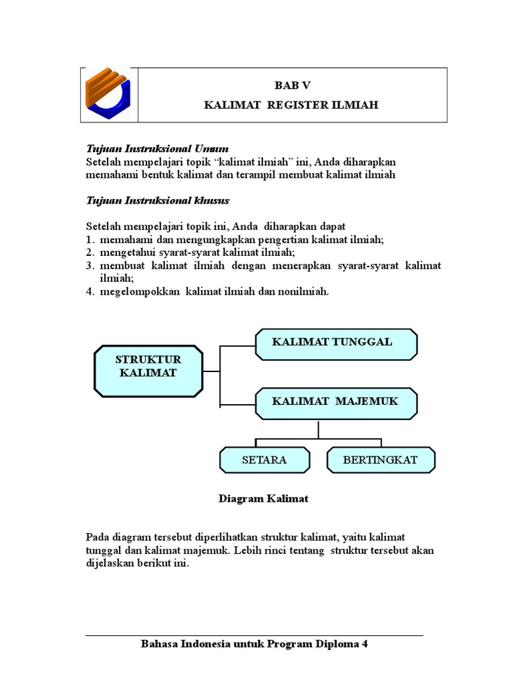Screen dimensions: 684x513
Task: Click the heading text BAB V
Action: (x=293, y=85)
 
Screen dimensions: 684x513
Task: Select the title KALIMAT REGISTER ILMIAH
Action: (x=293, y=106)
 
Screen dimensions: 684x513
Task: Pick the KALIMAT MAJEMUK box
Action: (x=336, y=402)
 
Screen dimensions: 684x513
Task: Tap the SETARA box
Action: (x=265, y=460)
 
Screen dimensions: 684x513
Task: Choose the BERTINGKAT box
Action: (x=380, y=460)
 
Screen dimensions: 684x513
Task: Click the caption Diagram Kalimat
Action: (x=264, y=498)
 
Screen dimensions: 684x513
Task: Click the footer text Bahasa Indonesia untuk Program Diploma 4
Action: (x=254, y=645)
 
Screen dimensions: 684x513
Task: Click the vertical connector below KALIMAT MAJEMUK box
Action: (x=319, y=429)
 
